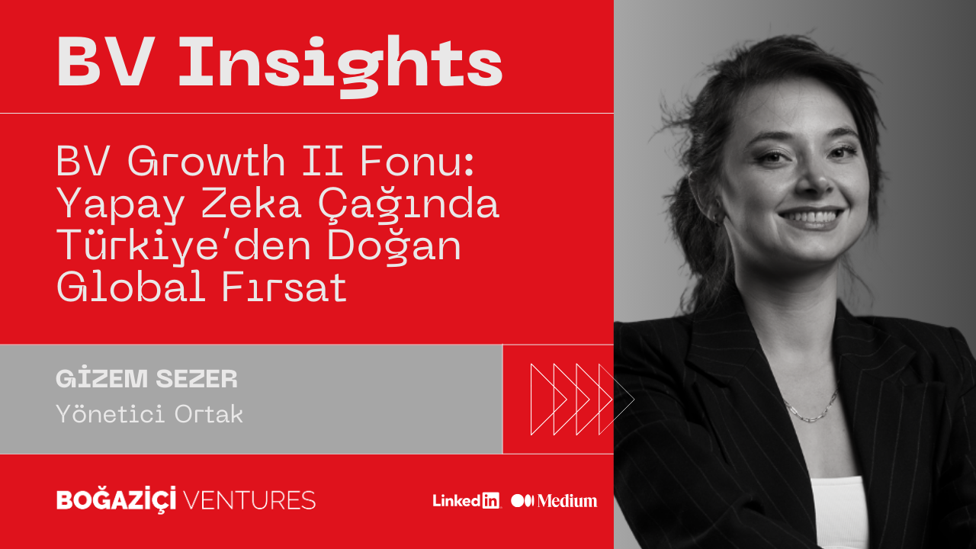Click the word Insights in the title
pyautogui.click(x=341, y=66)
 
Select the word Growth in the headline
pyautogui.click(x=206, y=162)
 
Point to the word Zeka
pyautogui.click(x=251, y=204)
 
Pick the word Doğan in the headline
pyautogui.click(x=393, y=246)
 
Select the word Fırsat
pyautogui.click(x=284, y=287)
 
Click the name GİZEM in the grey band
pyautogui.click(x=102, y=378)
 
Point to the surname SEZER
pyautogui.click(x=197, y=379)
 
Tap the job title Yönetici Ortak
pyautogui.click(x=149, y=414)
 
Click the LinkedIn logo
pyautogui.click(x=466, y=501)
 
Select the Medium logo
pyautogui.click(x=554, y=501)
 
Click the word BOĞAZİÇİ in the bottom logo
pyautogui.click(x=117, y=499)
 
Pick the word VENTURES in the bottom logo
pyautogui.click(x=249, y=500)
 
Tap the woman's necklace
pyautogui.click(x=811, y=406)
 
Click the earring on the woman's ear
pyautogui.click(x=716, y=219)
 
